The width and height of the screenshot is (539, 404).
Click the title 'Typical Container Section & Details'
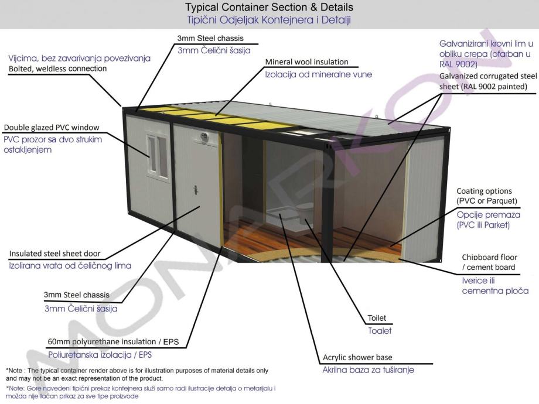tap(269, 8)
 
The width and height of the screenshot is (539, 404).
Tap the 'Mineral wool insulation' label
tap(306, 62)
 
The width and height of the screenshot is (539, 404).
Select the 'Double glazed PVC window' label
tap(52, 128)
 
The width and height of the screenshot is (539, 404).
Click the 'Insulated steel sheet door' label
tap(55, 254)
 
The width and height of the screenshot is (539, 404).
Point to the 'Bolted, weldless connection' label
tap(57, 69)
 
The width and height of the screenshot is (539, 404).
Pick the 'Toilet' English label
tap(377, 319)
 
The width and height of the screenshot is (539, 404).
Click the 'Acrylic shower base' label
tap(357, 358)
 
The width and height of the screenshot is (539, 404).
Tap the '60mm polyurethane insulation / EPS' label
tap(105, 342)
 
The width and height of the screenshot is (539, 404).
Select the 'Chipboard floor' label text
tap(490, 258)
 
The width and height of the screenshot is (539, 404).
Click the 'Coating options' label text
tap(484, 191)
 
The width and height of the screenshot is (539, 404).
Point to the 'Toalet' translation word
tap(379, 331)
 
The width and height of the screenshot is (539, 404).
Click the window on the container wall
tap(157, 156)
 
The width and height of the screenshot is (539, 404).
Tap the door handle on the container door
tap(195, 189)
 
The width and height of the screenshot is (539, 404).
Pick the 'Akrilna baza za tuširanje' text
tap(368, 370)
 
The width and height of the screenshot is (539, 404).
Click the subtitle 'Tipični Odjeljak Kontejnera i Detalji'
tap(269, 20)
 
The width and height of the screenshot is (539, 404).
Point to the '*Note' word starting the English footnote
tap(15, 371)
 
